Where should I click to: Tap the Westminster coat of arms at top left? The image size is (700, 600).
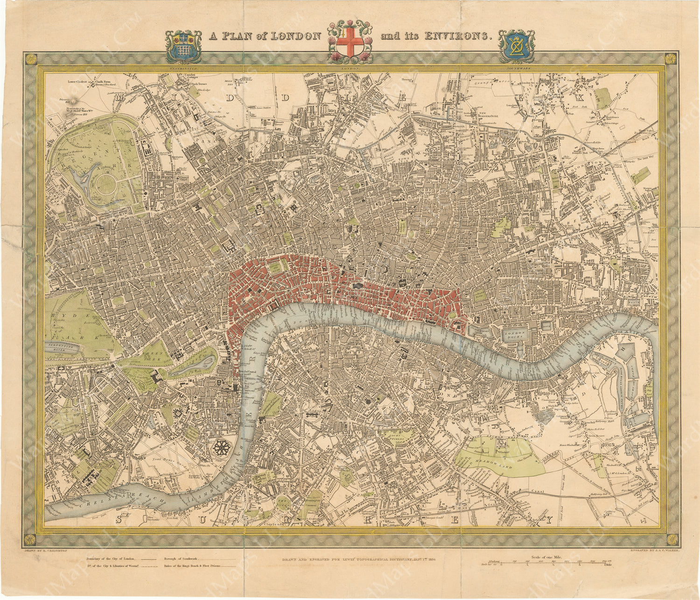(184, 46)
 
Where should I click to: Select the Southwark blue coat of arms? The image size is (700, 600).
(516, 46)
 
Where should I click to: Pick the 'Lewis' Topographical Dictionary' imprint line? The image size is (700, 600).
(358, 559)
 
